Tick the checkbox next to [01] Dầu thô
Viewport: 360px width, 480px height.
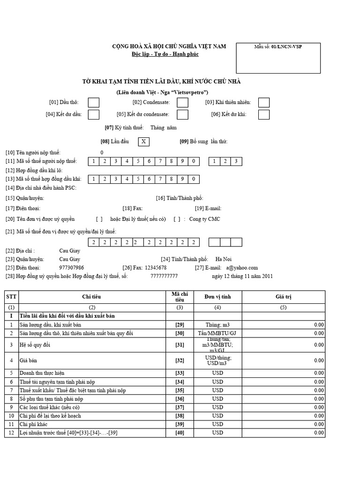point(94,102)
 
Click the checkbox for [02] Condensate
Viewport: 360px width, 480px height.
point(182,102)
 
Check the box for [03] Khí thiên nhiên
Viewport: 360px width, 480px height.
point(264,102)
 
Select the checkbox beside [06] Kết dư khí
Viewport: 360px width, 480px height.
point(264,114)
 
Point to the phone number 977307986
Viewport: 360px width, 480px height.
point(72,268)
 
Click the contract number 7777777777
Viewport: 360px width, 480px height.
point(164,276)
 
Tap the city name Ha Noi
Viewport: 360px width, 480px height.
point(224,259)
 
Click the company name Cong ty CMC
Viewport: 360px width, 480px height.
point(204,219)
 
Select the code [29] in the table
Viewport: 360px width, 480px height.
point(180,324)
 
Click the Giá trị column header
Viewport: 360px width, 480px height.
point(283,297)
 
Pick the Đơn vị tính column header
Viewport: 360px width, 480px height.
point(217,297)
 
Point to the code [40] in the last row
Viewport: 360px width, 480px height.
point(180,433)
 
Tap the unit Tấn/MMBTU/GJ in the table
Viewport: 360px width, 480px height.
point(217,333)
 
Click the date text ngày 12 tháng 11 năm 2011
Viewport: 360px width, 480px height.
point(242,276)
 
